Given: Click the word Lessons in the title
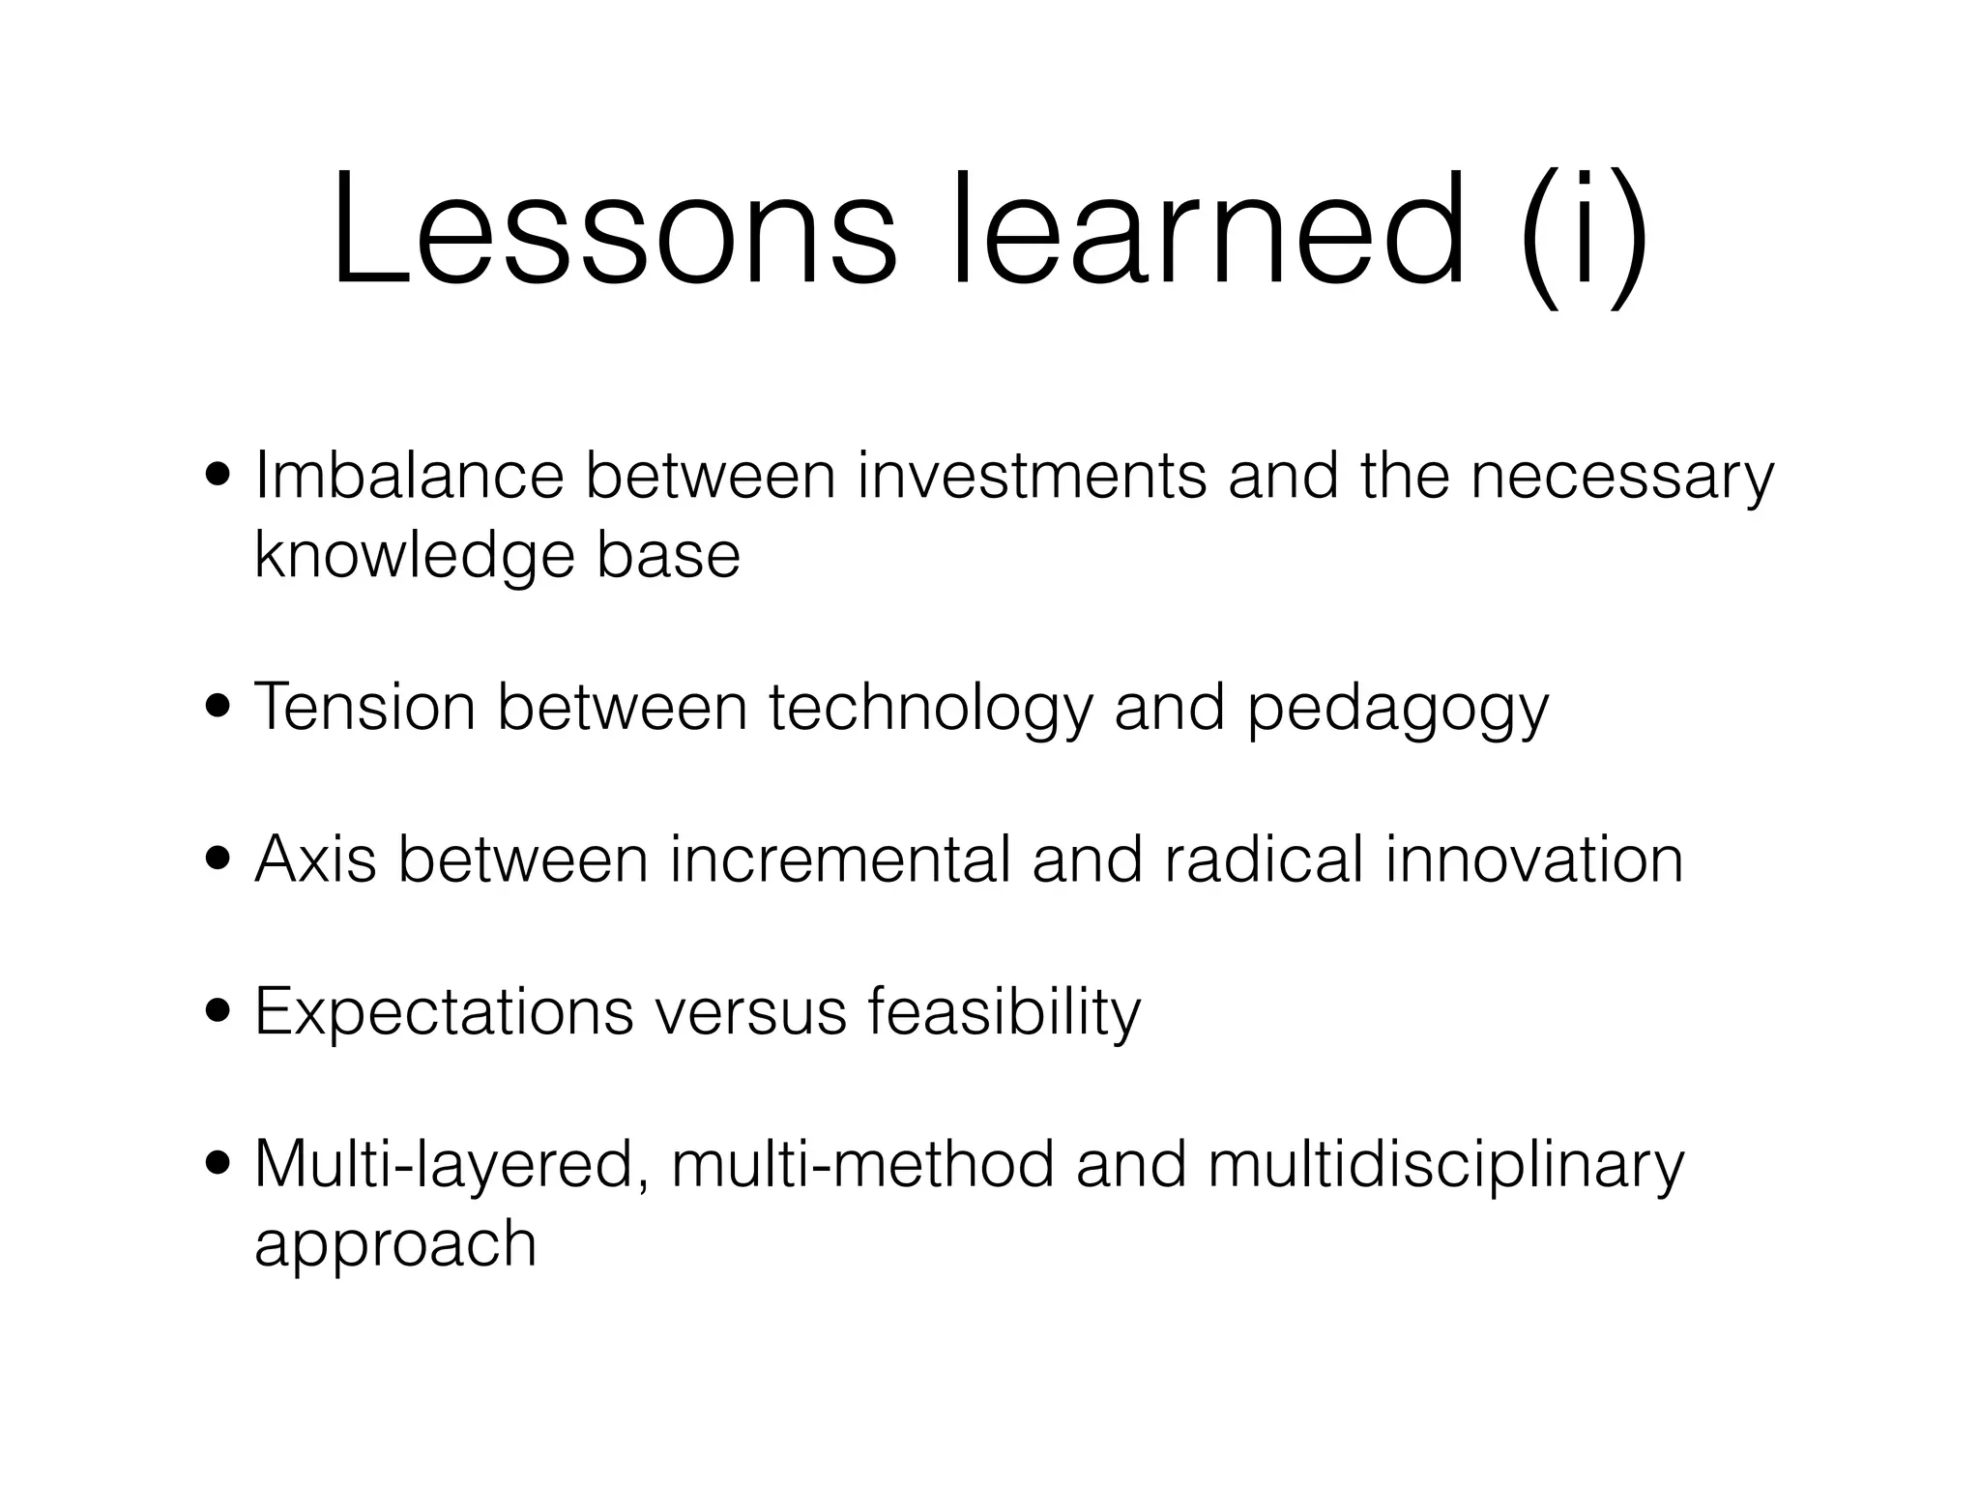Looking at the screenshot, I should pyautogui.click(x=615, y=232).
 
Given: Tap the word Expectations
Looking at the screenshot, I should pyautogui.click(x=444, y=1012).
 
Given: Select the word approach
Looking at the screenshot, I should pyautogui.click(x=394, y=1245).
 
